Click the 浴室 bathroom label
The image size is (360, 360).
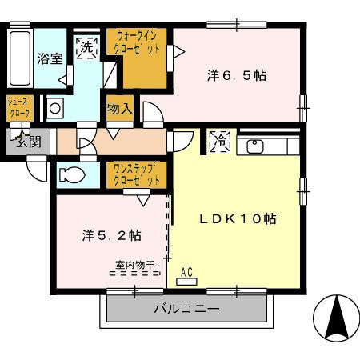tap(50, 58)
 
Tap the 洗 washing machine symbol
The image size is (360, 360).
tap(86, 46)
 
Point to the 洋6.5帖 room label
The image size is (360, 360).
tap(237, 76)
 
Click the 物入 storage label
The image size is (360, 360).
tap(120, 108)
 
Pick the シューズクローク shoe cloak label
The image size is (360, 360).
tap(19, 108)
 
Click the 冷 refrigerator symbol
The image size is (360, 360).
tap(218, 142)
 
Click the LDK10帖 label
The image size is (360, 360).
tap(238, 218)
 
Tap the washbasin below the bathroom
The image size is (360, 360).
tap(55, 107)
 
